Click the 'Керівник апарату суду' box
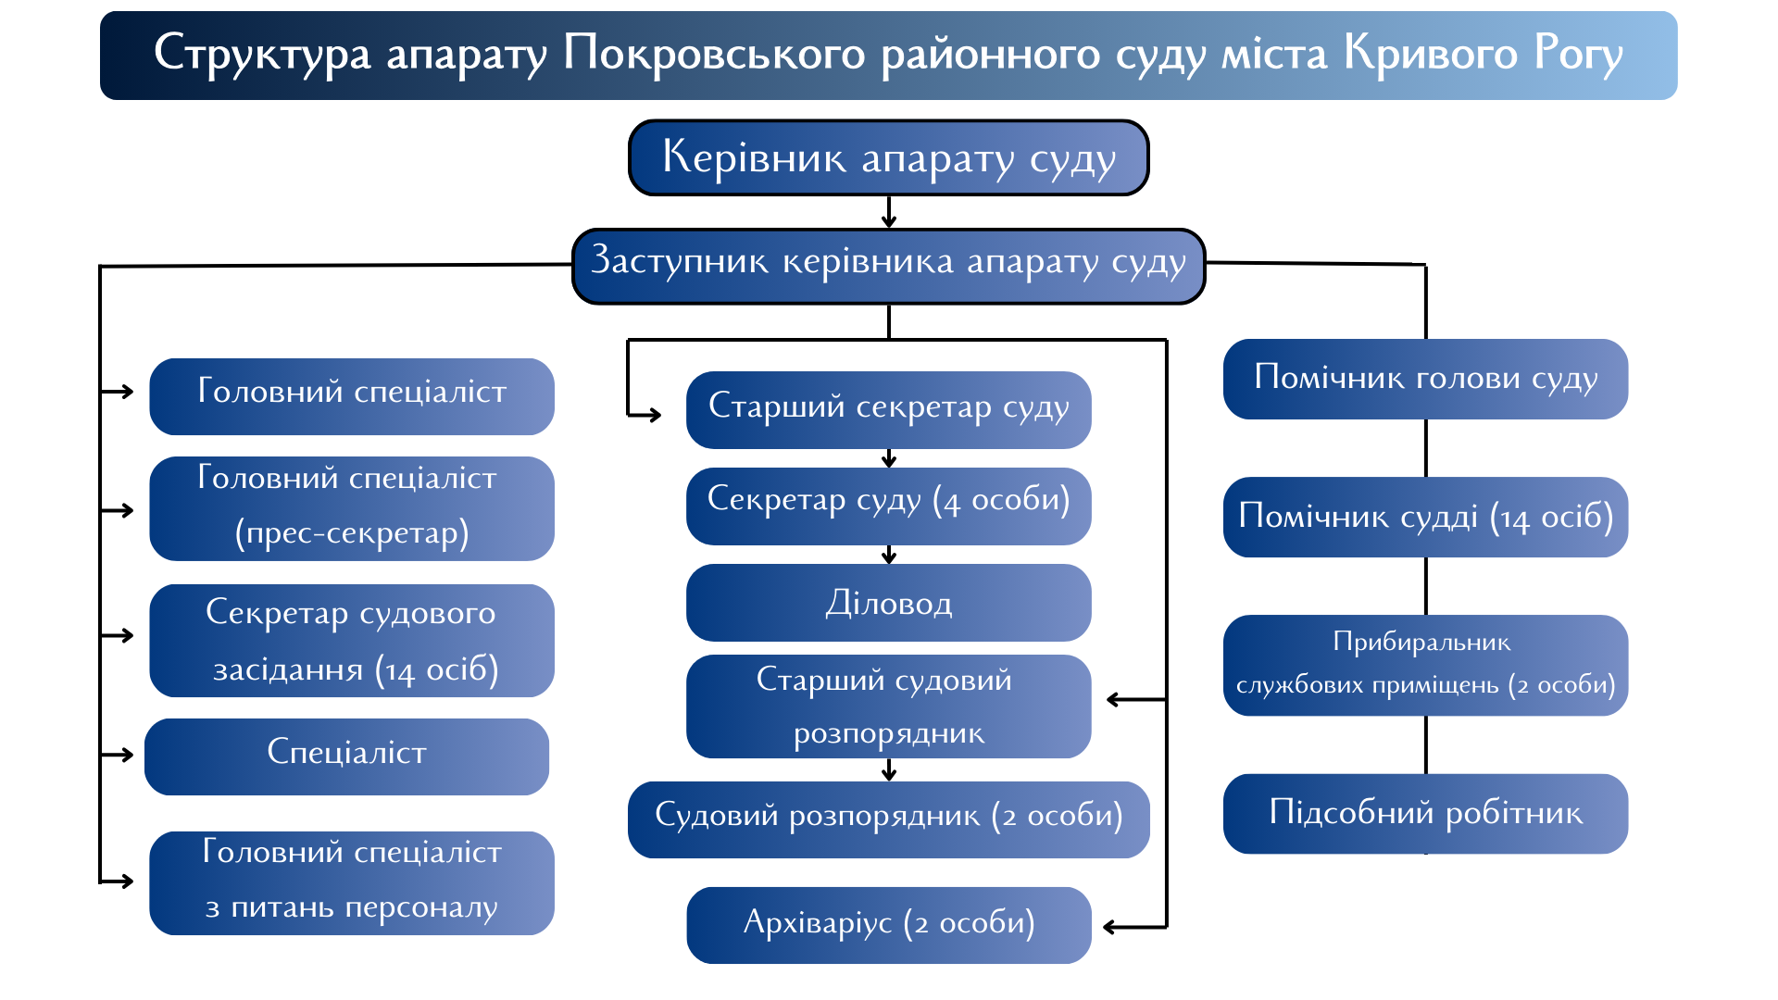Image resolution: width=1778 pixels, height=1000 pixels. point(889,157)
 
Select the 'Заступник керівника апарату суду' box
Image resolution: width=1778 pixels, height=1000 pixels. point(889,267)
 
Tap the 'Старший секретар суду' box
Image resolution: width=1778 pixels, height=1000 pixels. point(889,410)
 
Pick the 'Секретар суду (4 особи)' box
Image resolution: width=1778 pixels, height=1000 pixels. point(889,506)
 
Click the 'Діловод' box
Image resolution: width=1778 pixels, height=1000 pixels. point(889,603)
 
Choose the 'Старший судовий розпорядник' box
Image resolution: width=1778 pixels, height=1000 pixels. point(889,706)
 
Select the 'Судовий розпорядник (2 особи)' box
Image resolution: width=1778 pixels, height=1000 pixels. point(889,819)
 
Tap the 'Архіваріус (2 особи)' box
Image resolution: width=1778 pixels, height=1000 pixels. point(889,925)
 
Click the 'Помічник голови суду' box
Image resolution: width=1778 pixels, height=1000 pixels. point(1426,379)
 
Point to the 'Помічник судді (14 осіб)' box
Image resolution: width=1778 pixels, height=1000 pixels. point(1426,517)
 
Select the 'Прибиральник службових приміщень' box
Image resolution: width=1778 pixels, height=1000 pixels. point(1426,665)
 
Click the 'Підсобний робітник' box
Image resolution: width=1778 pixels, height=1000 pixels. point(1426,814)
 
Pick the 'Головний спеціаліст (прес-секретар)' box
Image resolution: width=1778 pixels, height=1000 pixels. point(352,508)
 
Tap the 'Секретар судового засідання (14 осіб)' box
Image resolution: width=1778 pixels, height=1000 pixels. point(352,641)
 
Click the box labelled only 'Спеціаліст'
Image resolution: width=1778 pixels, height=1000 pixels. point(347,756)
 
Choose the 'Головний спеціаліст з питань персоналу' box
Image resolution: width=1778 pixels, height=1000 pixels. point(352,883)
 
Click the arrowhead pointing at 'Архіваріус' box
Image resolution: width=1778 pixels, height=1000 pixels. point(1110,926)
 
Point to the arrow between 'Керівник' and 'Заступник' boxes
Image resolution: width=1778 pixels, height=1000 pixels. point(889,212)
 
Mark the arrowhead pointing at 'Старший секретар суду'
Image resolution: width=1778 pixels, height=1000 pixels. point(654,415)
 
